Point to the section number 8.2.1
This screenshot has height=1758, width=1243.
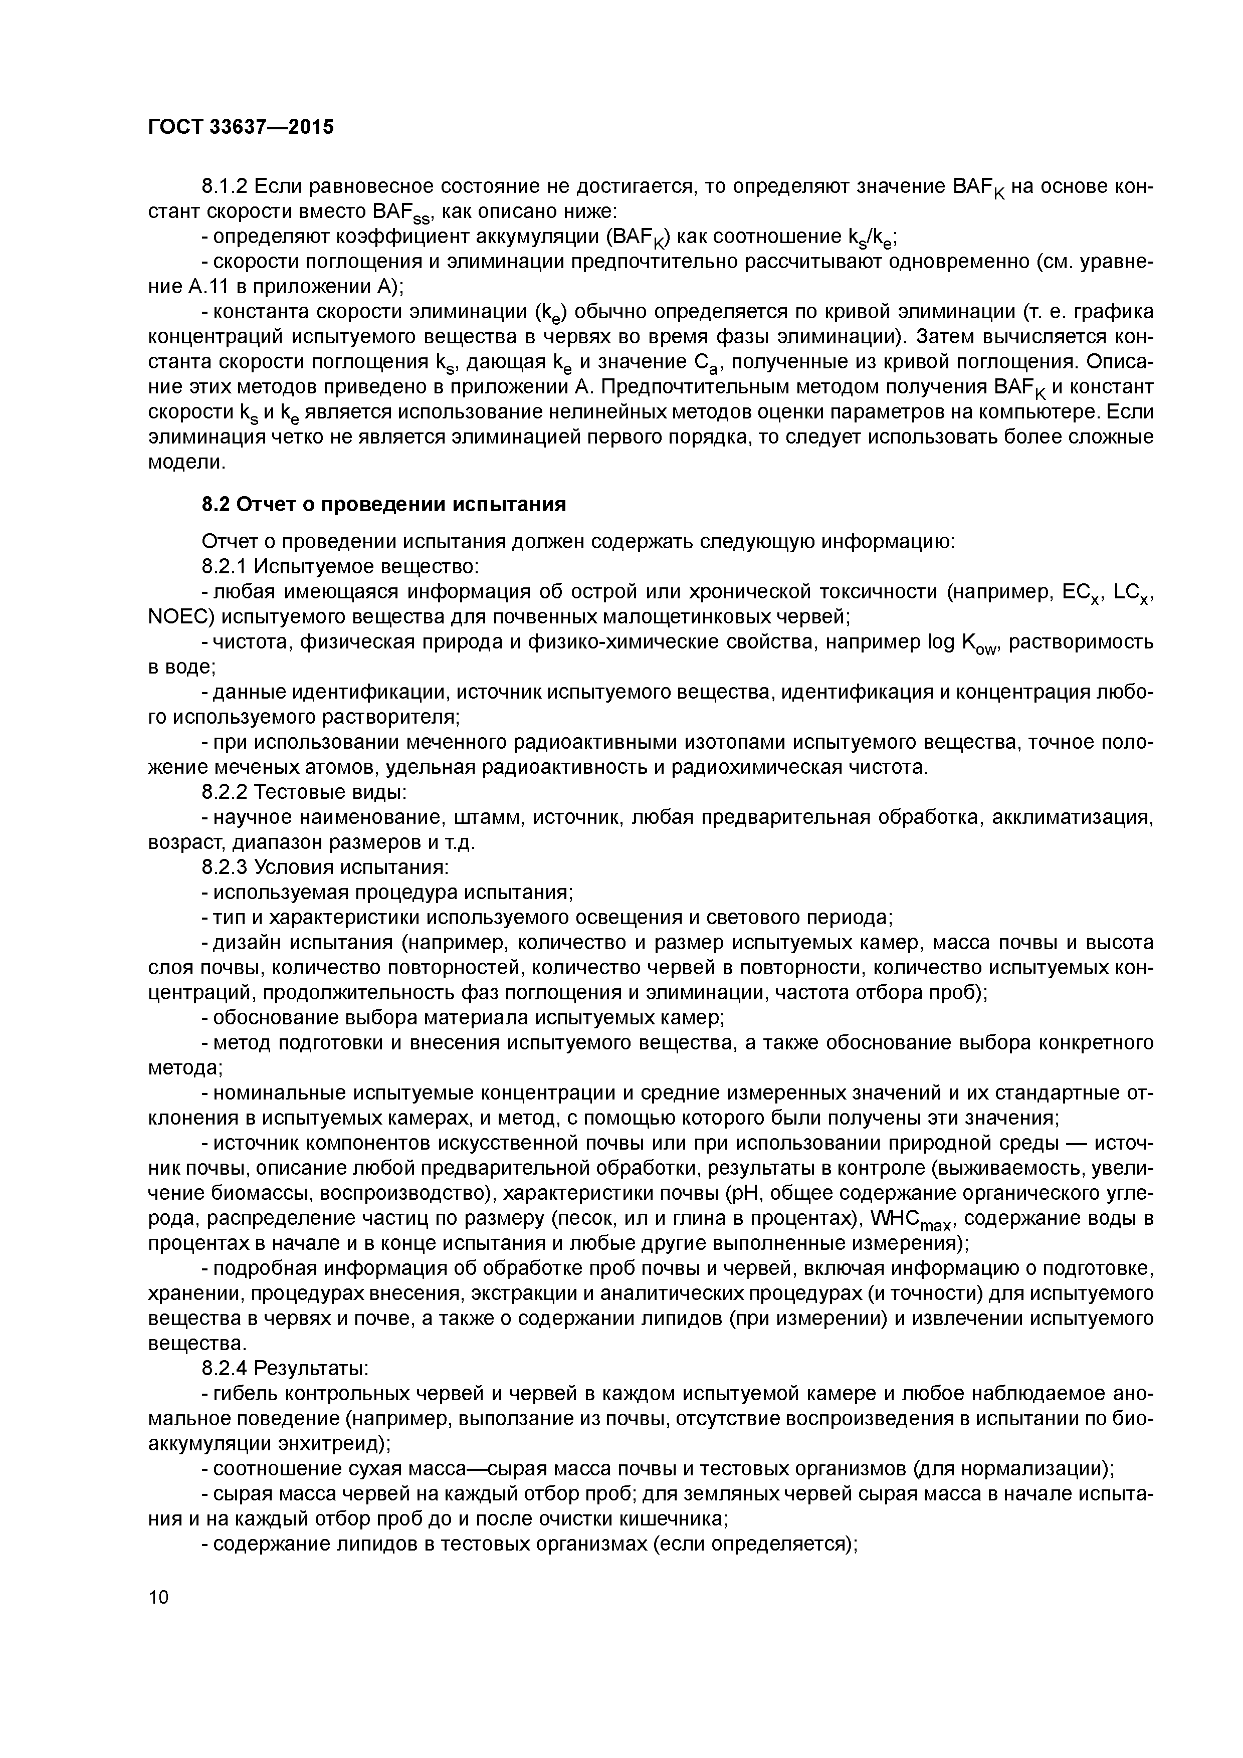pos(224,567)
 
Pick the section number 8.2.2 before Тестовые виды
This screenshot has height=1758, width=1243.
pos(224,792)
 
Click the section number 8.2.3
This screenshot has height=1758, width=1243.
pos(224,867)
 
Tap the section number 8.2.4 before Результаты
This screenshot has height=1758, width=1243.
pos(224,1368)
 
